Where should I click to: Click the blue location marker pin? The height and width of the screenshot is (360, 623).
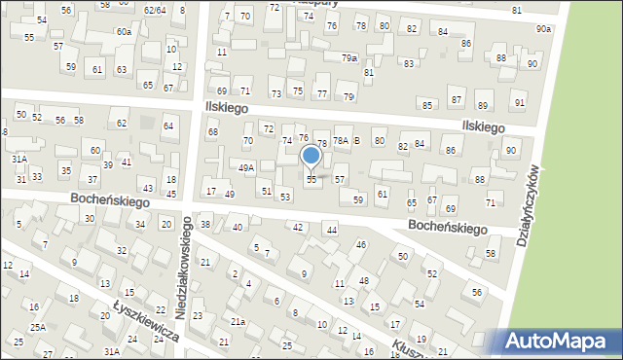(x=311, y=157)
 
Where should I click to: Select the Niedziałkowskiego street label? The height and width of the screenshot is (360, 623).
(x=184, y=262)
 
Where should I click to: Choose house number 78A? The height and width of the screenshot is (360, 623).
(x=341, y=141)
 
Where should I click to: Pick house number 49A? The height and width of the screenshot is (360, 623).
(x=246, y=168)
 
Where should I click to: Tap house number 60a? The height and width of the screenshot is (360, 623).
(x=124, y=32)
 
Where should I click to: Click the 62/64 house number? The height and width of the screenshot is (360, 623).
(x=154, y=10)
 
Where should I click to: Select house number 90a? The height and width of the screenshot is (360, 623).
(x=543, y=30)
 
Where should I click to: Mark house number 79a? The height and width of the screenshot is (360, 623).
(x=348, y=58)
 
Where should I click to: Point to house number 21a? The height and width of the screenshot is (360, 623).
(x=238, y=320)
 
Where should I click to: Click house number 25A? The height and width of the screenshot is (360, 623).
(x=37, y=328)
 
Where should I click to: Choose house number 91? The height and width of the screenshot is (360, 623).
(x=520, y=103)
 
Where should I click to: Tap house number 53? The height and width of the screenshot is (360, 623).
(x=285, y=198)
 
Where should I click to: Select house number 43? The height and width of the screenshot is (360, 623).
(x=148, y=188)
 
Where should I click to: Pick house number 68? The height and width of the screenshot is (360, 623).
(x=212, y=131)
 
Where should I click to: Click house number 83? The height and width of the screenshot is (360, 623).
(x=409, y=63)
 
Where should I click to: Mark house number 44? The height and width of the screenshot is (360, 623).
(x=332, y=230)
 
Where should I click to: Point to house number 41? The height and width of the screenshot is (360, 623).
(x=126, y=161)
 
